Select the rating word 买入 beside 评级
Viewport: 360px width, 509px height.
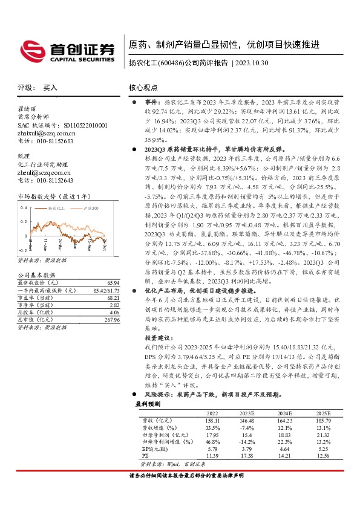tap(50, 88)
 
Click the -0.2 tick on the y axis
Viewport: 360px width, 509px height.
tap(22, 249)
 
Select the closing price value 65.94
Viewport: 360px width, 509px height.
tap(113, 283)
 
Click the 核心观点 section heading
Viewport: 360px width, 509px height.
tap(143, 88)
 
